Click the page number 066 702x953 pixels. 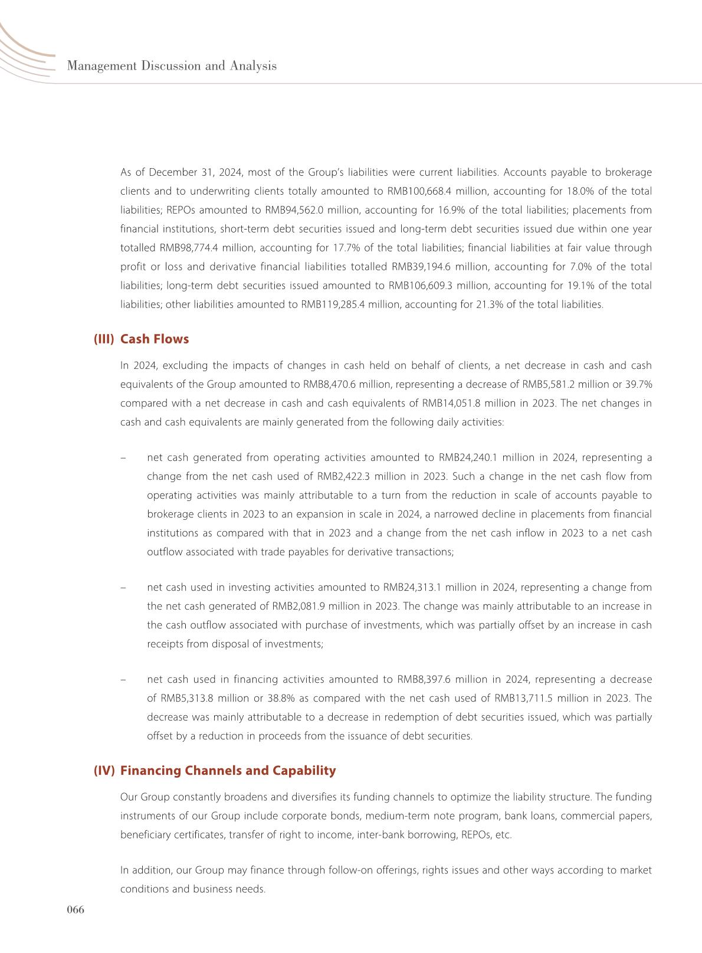tap(76, 910)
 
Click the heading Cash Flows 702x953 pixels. tap(155, 339)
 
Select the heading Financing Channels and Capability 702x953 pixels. tap(228, 770)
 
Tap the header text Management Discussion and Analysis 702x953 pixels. tap(172, 66)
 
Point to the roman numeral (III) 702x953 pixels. tap(104, 339)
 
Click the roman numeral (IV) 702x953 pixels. tap(104, 770)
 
